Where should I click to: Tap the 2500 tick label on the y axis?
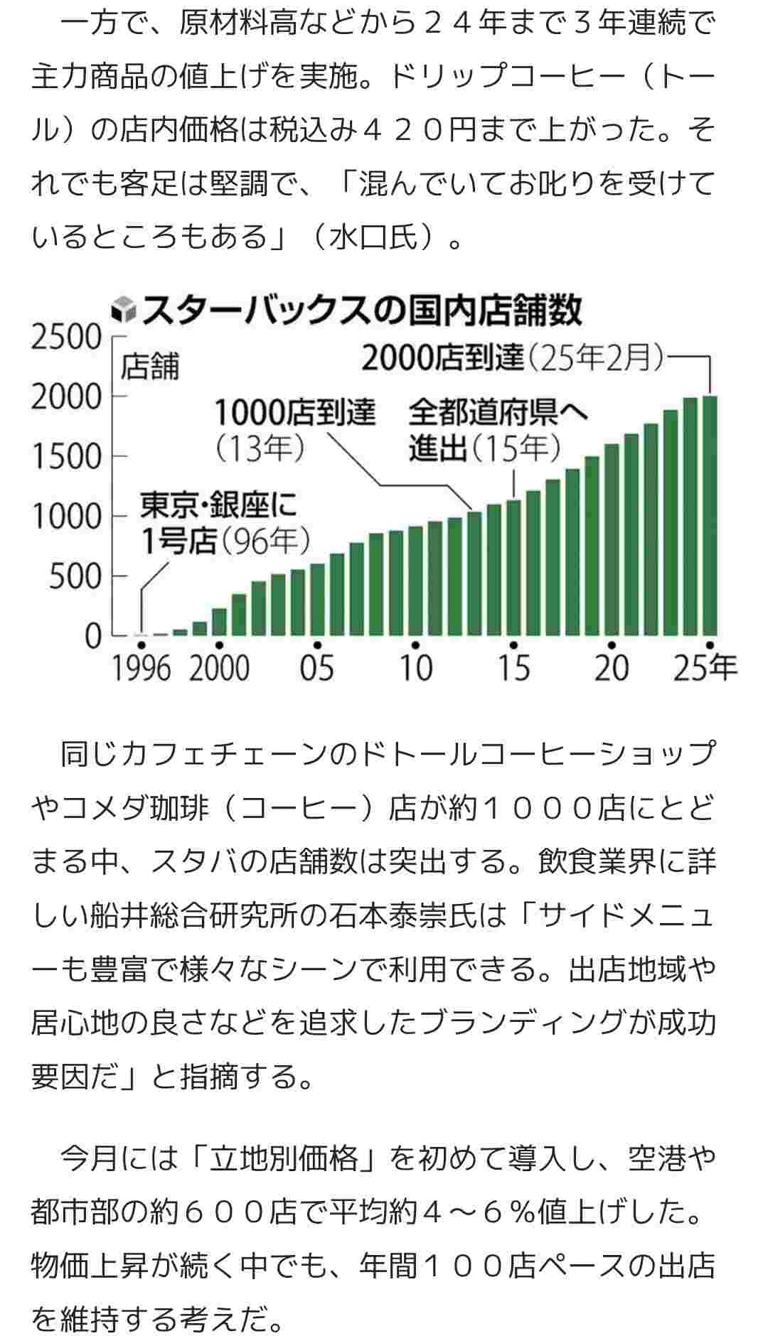66,337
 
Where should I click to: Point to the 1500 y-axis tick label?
66,456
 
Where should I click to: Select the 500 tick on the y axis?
75,576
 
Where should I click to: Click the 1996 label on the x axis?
142,669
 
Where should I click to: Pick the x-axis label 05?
317,669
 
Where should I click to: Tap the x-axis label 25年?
705,669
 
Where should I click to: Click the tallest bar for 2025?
710,515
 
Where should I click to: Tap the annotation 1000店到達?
295,411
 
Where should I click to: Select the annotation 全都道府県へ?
498,411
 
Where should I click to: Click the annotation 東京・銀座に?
218,505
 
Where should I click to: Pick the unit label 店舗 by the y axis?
150,367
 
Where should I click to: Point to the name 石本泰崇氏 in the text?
402,916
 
